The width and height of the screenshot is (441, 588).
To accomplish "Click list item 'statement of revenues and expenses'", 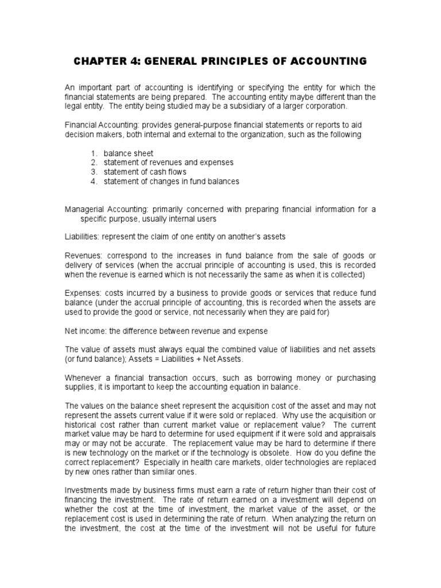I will (x=168, y=163).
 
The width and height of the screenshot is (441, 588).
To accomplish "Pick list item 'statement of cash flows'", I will (x=145, y=172).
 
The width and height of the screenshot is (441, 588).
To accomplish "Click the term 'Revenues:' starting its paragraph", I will (x=81, y=255).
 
